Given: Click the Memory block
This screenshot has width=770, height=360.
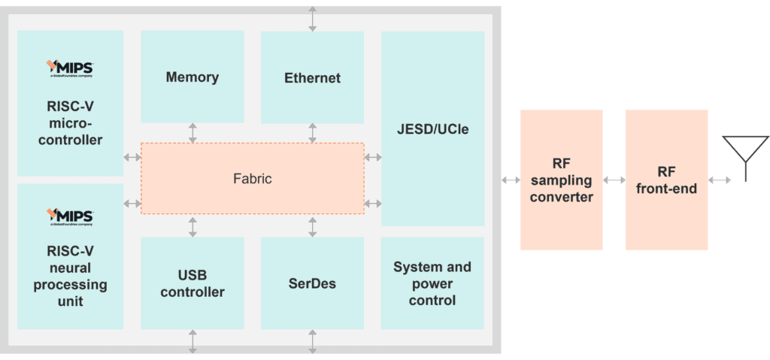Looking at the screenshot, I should (x=192, y=77).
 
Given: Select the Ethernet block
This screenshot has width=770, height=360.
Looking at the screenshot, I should (x=312, y=77).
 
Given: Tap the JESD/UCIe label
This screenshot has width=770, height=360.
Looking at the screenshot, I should (x=432, y=129).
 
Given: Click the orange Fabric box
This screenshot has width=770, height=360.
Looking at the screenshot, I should (x=252, y=179).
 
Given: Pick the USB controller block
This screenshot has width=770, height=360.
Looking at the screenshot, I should (x=192, y=283).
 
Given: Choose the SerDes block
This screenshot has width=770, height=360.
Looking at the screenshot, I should (x=312, y=283).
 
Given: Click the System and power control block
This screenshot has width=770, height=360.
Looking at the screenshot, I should (x=432, y=283).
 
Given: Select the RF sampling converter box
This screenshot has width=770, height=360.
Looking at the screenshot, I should (x=561, y=180).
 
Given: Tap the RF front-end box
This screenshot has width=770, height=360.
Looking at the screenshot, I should (x=666, y=180).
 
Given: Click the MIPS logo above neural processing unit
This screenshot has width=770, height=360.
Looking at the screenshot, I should (x=70, y=217).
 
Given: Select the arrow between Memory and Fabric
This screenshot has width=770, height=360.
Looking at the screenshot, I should (x=192, y=133).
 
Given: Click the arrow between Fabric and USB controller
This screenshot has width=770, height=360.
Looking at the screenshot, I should (x=192, y=226).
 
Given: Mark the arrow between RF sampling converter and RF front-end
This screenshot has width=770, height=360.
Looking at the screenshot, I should (x=614, y=180).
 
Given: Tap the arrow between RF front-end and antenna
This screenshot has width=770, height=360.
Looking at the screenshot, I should (x=720, y=180).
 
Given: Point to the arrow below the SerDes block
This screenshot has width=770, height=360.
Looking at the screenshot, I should (x=312, y=341).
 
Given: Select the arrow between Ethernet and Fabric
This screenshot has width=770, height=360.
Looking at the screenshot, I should (x=312, y=133).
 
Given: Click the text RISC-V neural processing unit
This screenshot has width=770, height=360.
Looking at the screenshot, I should (x=70, y=276).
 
